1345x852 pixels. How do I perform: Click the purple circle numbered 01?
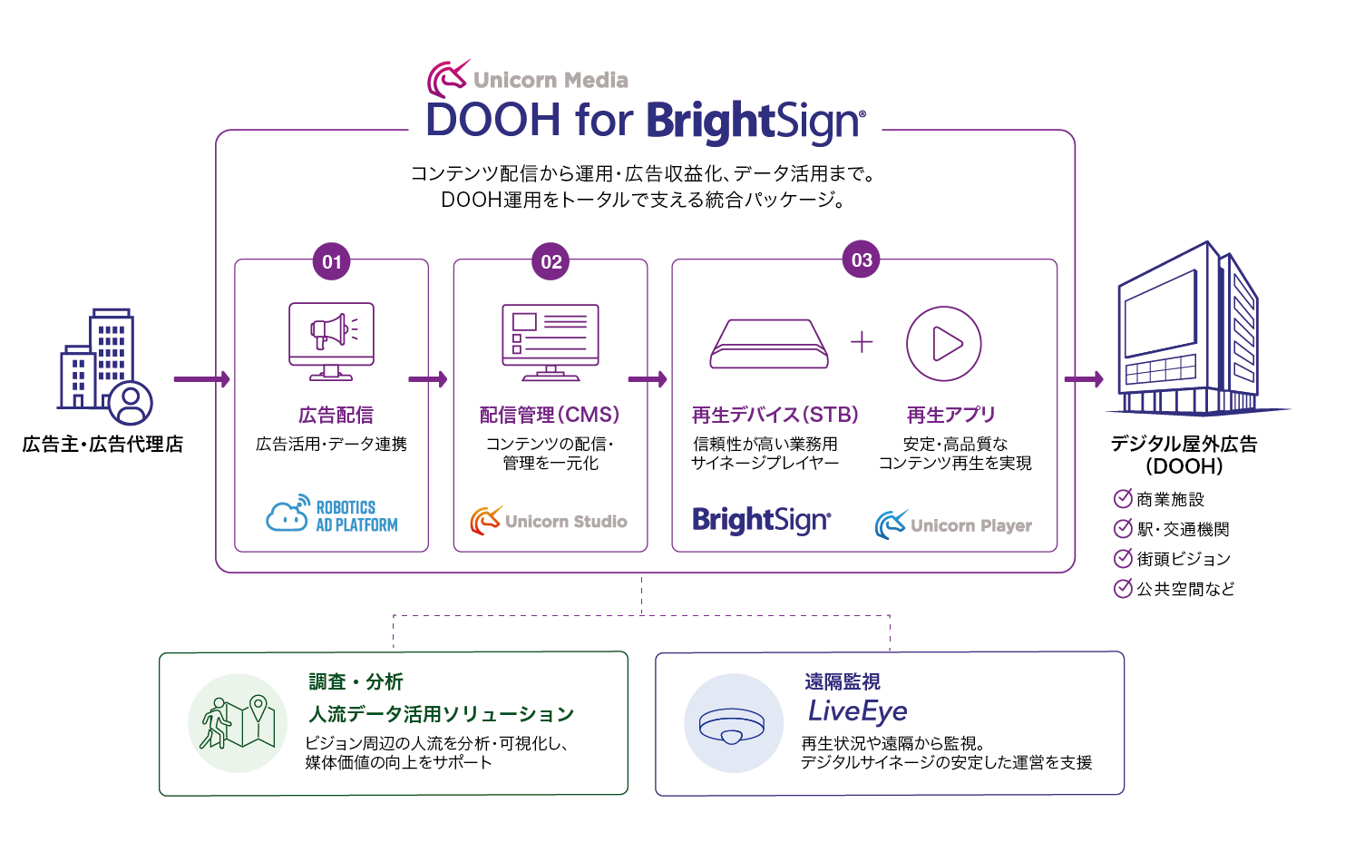click(x=331, y=261)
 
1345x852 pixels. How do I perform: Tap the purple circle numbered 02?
click(x=551, y=261)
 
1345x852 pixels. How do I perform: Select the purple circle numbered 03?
click(x=861, y=259)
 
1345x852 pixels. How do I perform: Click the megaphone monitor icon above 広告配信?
click(x=331, y=342)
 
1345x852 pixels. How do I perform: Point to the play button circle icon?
click(x=943, y=344)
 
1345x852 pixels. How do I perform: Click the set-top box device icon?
click(x=769, y=344)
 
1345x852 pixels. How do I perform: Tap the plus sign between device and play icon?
click(x=862, y=342)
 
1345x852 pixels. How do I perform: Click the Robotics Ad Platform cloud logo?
click(x=332, y=514)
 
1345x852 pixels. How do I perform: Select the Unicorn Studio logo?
click(x=549, y=520)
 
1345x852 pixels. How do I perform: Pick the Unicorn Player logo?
click(x=953, y=524)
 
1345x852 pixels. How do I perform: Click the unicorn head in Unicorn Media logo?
click(x=448, y=79)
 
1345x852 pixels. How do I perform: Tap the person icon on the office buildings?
click(x=131, y=403)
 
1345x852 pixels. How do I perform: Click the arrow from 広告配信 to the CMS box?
click(x=428, y=379)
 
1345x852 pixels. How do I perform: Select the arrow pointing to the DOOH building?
click(x=1084, y=379)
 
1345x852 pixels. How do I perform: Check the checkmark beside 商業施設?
click(x=1122, y=498)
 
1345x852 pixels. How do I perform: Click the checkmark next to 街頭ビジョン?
click(x=1122, y=558)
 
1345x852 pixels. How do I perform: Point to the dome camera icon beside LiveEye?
click(x=732, y=726)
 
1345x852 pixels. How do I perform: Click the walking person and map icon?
click(x=238, y=722)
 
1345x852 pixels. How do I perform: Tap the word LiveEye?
click(x=857, y=711)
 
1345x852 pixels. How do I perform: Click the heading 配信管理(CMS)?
click(x=550, y=415)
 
